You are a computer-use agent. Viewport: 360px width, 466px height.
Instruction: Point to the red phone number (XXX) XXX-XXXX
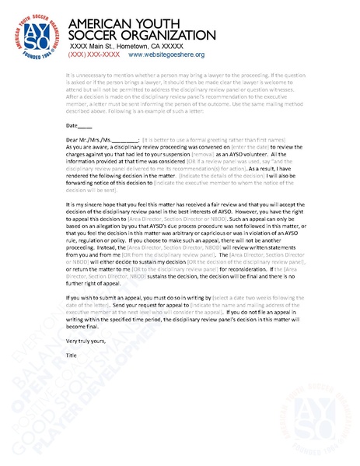[x=93, y=55]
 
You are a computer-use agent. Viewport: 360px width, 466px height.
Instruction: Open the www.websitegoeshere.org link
[x=166, y=55]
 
